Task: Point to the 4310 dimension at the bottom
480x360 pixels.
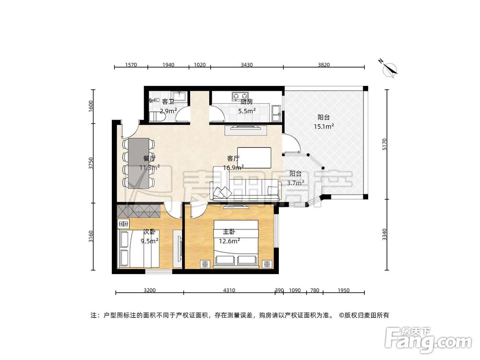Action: coord(228,290)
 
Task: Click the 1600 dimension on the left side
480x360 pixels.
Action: coord(91,106)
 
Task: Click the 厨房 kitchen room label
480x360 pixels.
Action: coord(246,102)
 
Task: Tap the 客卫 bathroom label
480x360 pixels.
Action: coord(168,102)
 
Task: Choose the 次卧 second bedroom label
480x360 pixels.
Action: coord(149,232)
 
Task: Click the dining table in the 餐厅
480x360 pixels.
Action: coord(139,163)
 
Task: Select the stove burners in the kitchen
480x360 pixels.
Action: coord(238,95)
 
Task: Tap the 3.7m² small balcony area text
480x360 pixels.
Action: coord(295,183)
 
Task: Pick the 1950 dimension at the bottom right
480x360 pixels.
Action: coord(343,290)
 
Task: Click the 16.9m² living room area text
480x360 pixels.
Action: coord(233,168)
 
